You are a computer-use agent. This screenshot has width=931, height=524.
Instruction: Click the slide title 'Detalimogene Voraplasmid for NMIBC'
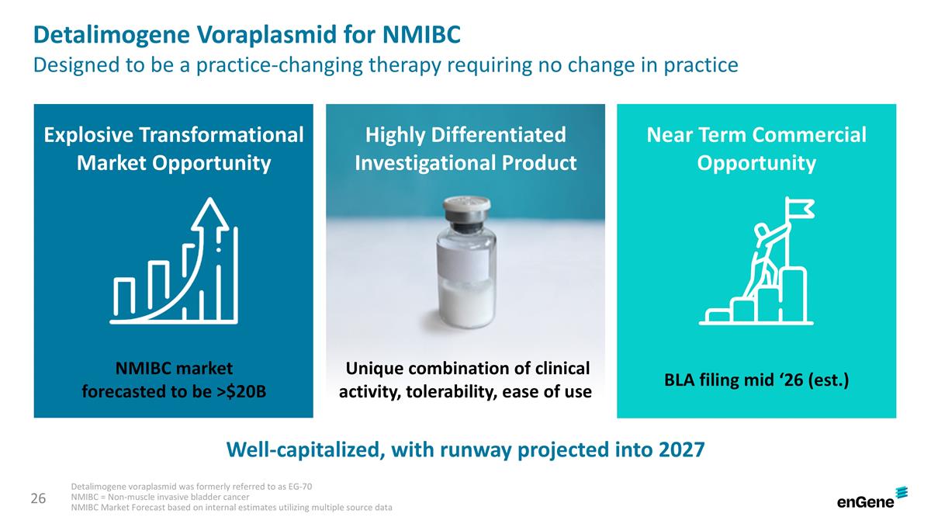247,35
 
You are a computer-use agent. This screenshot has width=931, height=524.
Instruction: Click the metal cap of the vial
465,207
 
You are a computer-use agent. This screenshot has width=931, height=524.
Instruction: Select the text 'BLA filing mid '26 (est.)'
756,380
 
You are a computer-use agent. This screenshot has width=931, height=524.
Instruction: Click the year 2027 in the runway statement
680,449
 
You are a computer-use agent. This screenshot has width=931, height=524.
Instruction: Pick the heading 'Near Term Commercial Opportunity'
756,149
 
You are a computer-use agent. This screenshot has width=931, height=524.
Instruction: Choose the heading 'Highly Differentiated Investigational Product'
465,149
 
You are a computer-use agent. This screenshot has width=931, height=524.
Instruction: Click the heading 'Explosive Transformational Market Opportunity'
174,149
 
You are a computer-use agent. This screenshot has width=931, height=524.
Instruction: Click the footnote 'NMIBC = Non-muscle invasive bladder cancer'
160,497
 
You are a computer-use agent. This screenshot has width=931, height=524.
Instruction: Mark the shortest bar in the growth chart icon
124,293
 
